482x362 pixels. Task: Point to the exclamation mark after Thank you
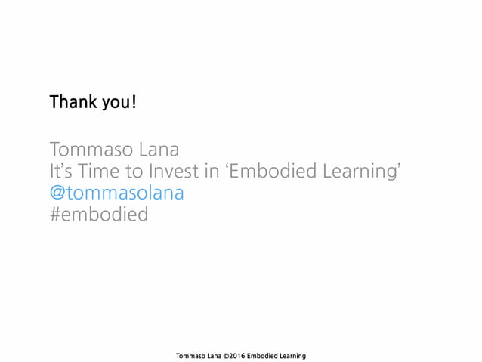[134, 101]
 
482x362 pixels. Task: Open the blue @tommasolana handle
[117, 193]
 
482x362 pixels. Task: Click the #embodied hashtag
[99, 215]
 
